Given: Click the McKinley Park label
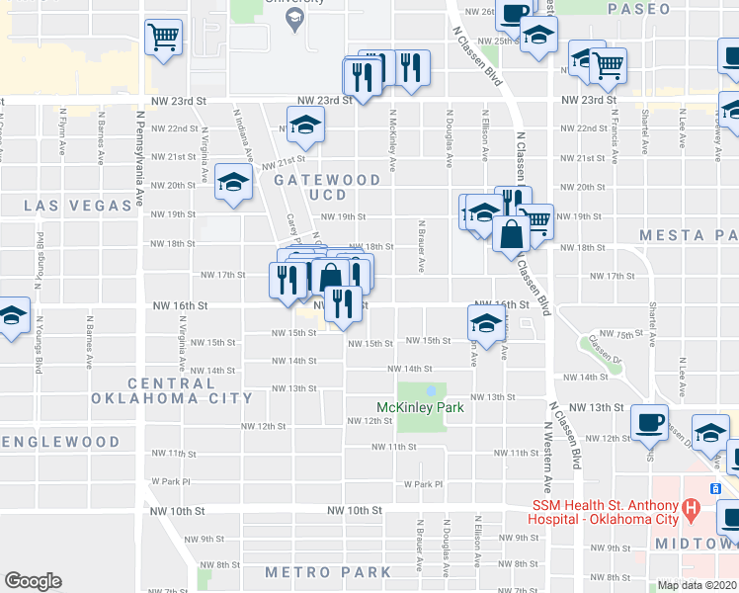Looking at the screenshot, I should [x=420, y=407].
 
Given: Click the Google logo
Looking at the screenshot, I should [x=33, y=581].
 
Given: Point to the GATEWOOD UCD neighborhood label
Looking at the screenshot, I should [x=327, y=187].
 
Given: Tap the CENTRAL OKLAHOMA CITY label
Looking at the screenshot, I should [x=172, y=390].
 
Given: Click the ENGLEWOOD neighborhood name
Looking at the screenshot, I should [x=61, y=442].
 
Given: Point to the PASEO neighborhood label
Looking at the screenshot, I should [x=639, y=9].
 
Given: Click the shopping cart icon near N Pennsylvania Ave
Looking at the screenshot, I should [x=164, y=39].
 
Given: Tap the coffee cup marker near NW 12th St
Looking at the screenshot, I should [x=649, y=422].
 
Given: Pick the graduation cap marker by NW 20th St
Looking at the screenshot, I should [x=234, y=183].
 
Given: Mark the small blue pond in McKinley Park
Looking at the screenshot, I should [x=431, y=390].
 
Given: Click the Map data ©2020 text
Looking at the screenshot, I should [x=698, y=585].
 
